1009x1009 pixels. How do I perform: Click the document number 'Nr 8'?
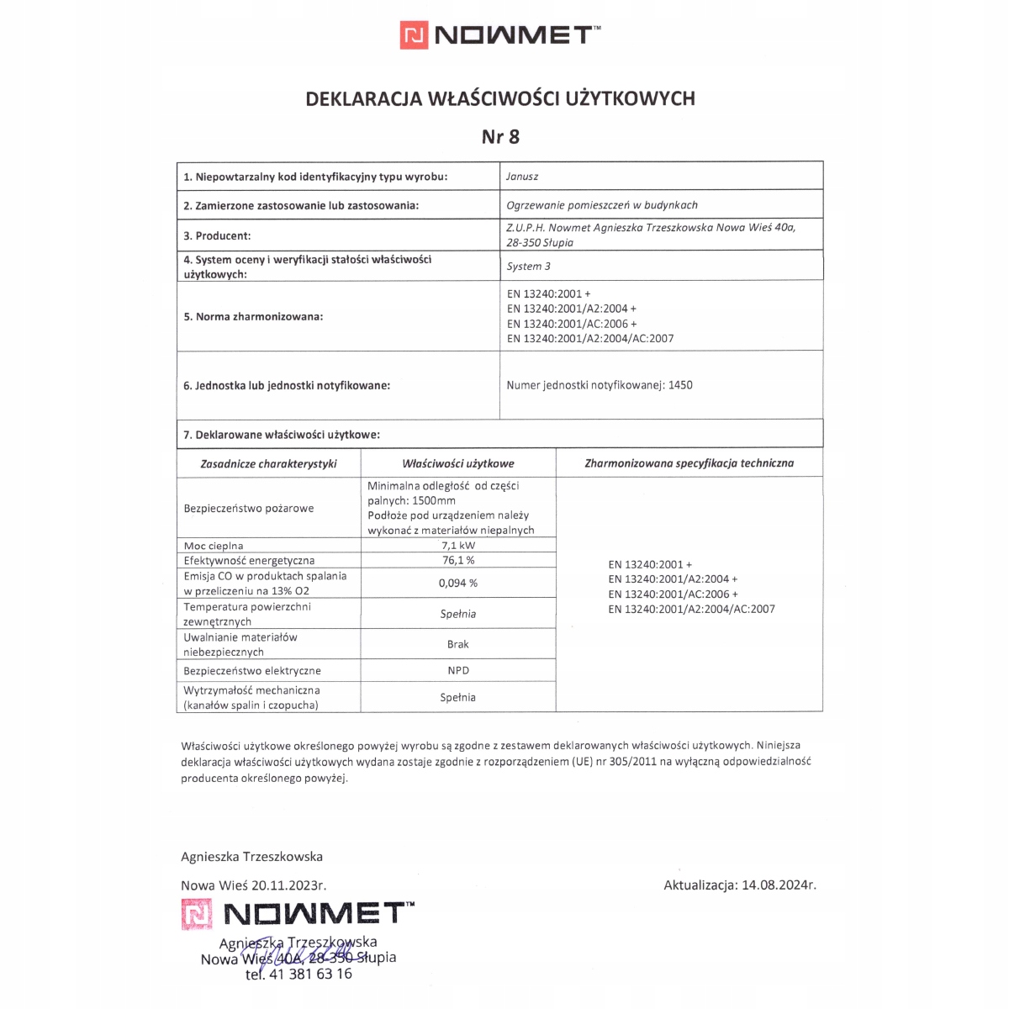(500, 136)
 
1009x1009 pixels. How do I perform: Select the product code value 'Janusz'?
(522, 177)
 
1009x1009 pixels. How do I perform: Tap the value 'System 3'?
(529, 267)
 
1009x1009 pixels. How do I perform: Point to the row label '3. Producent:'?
(217, 236)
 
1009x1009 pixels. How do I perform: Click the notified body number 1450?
(680, 385)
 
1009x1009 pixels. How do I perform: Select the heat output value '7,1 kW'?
(458, 546)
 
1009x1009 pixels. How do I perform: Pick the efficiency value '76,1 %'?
(458, 560)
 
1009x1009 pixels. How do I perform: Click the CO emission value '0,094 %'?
(458, 583)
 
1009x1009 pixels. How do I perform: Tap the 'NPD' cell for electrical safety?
(458, 670)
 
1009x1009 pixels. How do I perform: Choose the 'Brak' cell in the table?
(458, 644)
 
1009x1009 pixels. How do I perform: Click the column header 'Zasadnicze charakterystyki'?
(268, 463)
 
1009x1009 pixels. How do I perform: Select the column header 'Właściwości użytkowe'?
(458, 463)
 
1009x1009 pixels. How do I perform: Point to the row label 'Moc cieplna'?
(214, 546)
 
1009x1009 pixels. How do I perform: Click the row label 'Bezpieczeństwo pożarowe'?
(249, 509)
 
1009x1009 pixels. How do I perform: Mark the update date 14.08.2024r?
(779, 885)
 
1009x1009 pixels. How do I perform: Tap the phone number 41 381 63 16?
(310, 974)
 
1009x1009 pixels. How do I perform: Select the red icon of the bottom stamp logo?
(197, 914)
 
